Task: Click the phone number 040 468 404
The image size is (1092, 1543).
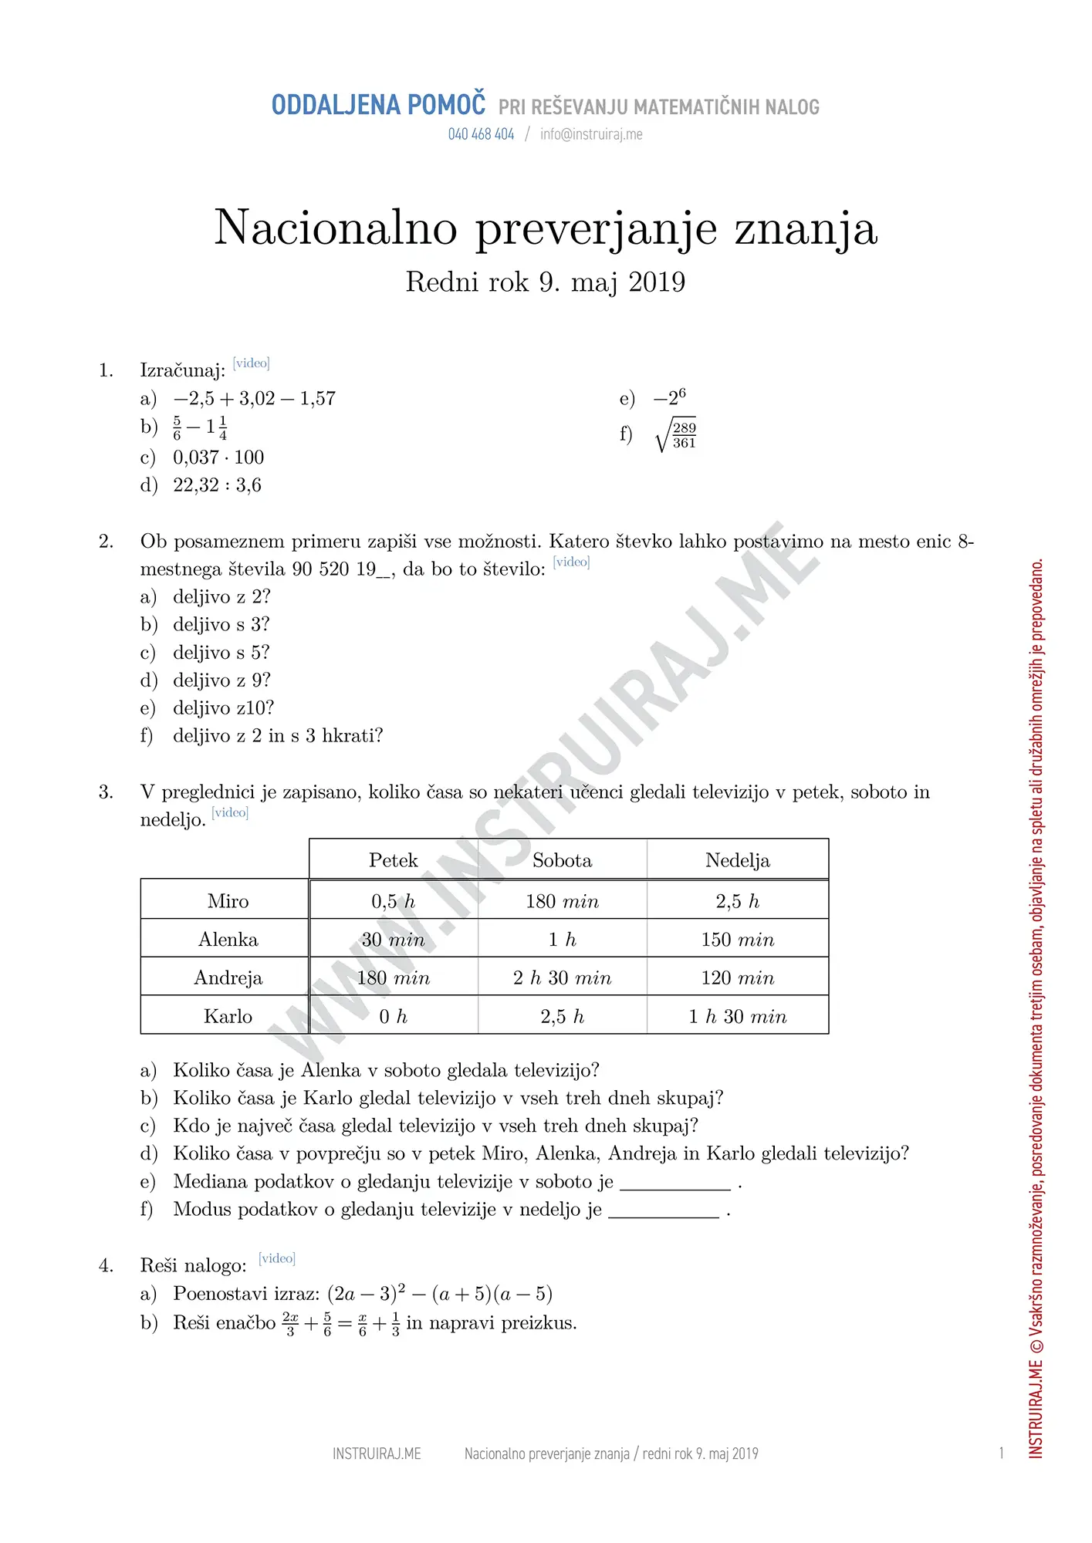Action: point(481,134)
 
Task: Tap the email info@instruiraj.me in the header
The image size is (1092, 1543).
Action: point(591,134)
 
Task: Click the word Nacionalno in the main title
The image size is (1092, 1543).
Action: point(336,228)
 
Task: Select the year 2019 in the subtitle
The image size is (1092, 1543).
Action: point(657,282)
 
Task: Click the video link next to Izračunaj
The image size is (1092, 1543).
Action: point(251,363)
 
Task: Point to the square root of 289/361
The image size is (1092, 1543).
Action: point(676,436)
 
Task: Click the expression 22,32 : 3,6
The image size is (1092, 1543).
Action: point(217,485)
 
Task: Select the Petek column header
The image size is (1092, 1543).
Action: point(393,860)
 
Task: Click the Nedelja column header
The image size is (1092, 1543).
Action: point(737,860)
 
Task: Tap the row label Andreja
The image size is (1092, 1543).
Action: point(228,978)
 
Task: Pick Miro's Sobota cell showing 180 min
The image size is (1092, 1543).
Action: point(562,901)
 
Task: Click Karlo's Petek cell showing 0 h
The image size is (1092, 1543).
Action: point(393,1017)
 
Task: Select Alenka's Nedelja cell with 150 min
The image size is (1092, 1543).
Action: point(737,940)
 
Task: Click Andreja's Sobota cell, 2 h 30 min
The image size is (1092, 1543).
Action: point(562,978)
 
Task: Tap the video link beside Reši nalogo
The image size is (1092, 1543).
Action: point(277,1258)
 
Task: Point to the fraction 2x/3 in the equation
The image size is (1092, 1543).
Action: point(290,1323)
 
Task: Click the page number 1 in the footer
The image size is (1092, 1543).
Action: point(1001,1454)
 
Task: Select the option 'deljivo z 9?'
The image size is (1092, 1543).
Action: point(221,680)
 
